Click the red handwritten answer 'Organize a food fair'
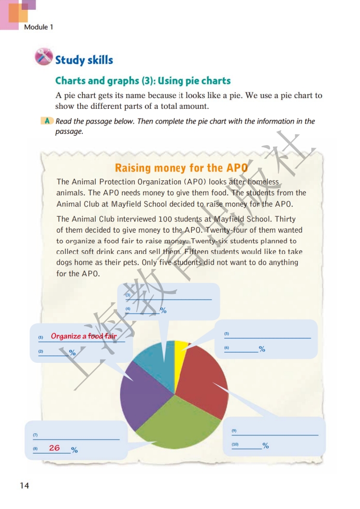pos(84,336)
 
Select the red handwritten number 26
pos(54,448)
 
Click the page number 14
pos(24,485)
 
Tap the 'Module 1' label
pos(38,27)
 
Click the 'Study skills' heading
pos(84,60)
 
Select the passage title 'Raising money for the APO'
pos(181,168)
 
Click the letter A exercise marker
pos(47,121)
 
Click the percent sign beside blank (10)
pos(266,446)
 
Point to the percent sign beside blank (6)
pos(262,349)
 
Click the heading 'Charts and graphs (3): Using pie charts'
pos(143,81)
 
